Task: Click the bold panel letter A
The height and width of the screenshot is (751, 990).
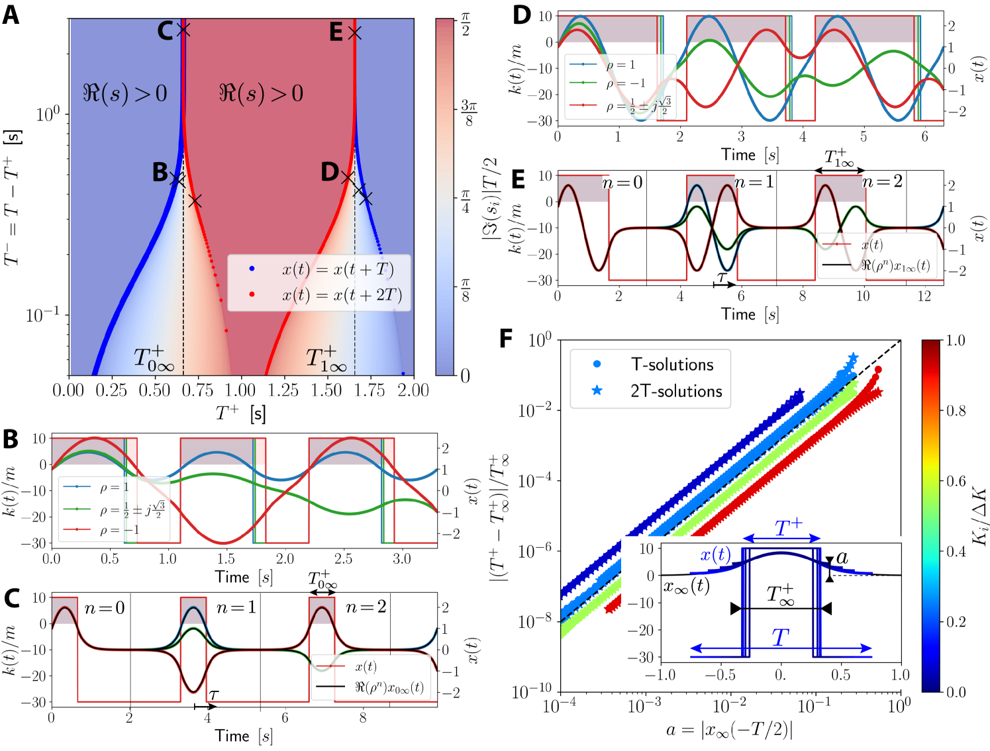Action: [11, 15]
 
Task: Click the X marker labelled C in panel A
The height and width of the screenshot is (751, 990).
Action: [183, 30]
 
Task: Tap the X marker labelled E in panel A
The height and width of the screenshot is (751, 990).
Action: [355, 32]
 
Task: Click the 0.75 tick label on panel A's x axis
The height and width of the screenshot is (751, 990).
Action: [197, 390]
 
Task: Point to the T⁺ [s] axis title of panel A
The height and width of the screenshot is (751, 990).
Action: [240, 414]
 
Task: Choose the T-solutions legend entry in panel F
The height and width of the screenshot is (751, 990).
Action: [671, 365]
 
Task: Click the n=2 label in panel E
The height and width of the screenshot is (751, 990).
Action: [883, 181]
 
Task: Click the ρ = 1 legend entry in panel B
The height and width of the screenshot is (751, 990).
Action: [115, 488]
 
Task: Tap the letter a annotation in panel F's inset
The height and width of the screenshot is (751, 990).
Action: [842, 557]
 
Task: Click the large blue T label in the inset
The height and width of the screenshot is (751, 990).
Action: [781, 637]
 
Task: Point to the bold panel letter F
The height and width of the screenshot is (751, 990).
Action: [505, 339]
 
